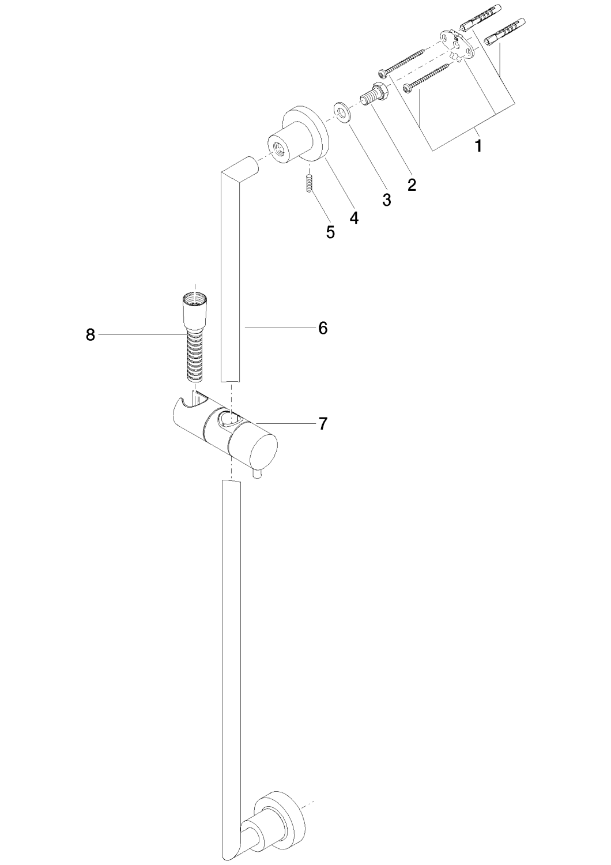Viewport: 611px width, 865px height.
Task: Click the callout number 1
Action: pyautogui.click(x=478, y=146)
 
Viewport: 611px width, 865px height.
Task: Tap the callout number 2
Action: pyautogui.click(x=412, y=185)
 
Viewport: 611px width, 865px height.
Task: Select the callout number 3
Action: pyautogui.click(x=386, y=200)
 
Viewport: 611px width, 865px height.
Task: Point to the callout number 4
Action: pyautogui.click(x=353, y=217)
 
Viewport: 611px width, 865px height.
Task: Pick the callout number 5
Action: pyautogui.click(x=330, y=232)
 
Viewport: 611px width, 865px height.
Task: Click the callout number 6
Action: pyautogui.click(x=323, y=328)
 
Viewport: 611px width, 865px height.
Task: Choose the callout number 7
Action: pyautogui.click(x=323, y=424)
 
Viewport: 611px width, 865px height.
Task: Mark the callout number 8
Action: pyautogui.click(x=90, y=335)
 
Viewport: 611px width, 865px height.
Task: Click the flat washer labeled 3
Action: pyautogui.click(x=342, y=112)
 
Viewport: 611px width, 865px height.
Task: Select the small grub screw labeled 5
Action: pyautogui.click(x=310, y=183)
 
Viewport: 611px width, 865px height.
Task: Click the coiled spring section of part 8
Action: pyautogui.click(x=196, y=356)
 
